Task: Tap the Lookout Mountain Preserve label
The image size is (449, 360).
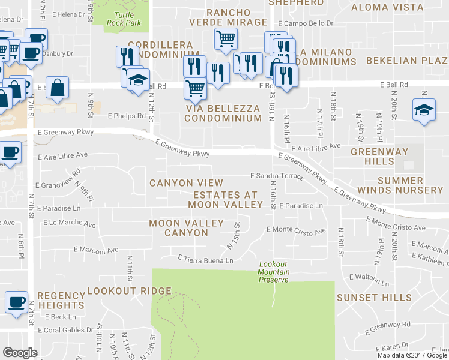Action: pyautogui.click(x=274, y=272)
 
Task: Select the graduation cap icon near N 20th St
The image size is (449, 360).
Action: pyautogui.click(x=424, y=110)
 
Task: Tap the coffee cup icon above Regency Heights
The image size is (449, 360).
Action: pyautogui.click(x=16, y=302)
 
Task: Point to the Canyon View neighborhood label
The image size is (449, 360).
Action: pyautogui.click(x=186, y=183)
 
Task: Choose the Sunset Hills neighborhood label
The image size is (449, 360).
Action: pyautogui.click(x=375, y=298)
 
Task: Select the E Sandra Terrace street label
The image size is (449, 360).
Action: pyautogui.click(x=277, y=176)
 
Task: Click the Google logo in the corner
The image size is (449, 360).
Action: pyautogui.click(x=20, y=352)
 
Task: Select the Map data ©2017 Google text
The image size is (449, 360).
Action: pyautogui.click(x=412, y=355)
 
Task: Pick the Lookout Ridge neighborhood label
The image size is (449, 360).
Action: pyautogui.click(x=130, y=292)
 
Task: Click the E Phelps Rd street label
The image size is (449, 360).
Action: pyautogui.click(x=127, y=116)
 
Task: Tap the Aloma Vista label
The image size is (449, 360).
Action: pyautogui.click(x=395, y=7)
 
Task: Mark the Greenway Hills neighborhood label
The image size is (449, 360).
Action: pyautogui.click(x=381, y=157)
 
